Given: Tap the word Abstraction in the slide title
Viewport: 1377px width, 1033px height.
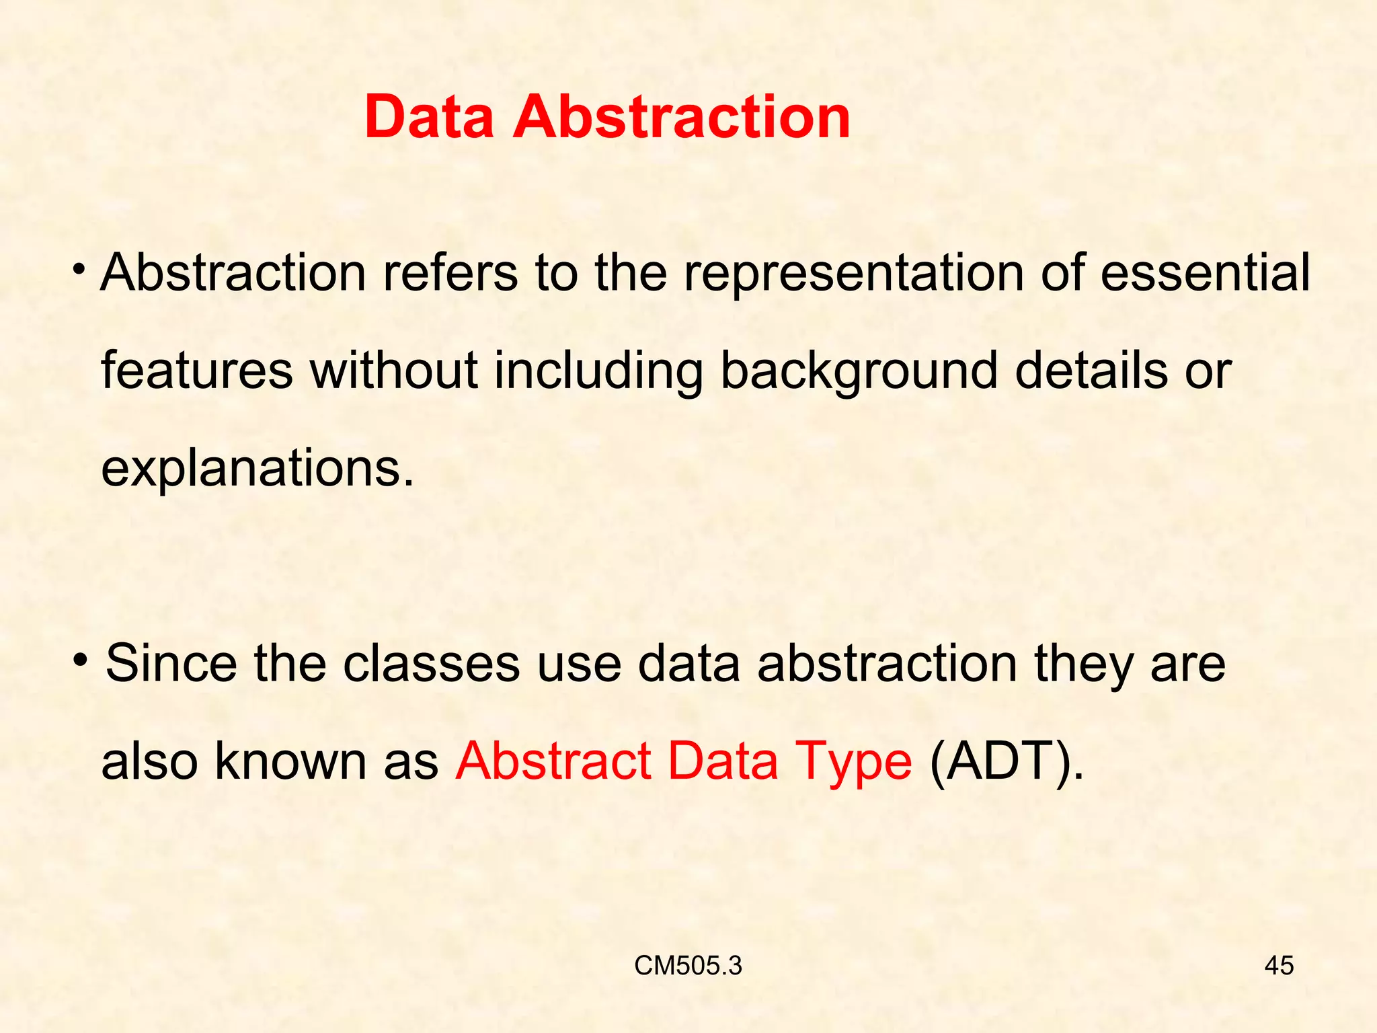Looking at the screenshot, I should coord(682,118).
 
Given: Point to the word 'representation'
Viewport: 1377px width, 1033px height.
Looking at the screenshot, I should coord(854,274).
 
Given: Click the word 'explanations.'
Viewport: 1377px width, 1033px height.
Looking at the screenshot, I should coord(258,470).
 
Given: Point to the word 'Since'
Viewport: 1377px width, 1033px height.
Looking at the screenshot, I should coord(171,663).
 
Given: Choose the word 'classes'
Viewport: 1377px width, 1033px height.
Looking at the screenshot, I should coord(431,663).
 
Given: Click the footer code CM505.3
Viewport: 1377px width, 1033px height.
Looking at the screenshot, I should coord(688,966).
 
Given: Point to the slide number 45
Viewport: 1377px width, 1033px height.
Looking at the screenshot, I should coord(1279,966).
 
